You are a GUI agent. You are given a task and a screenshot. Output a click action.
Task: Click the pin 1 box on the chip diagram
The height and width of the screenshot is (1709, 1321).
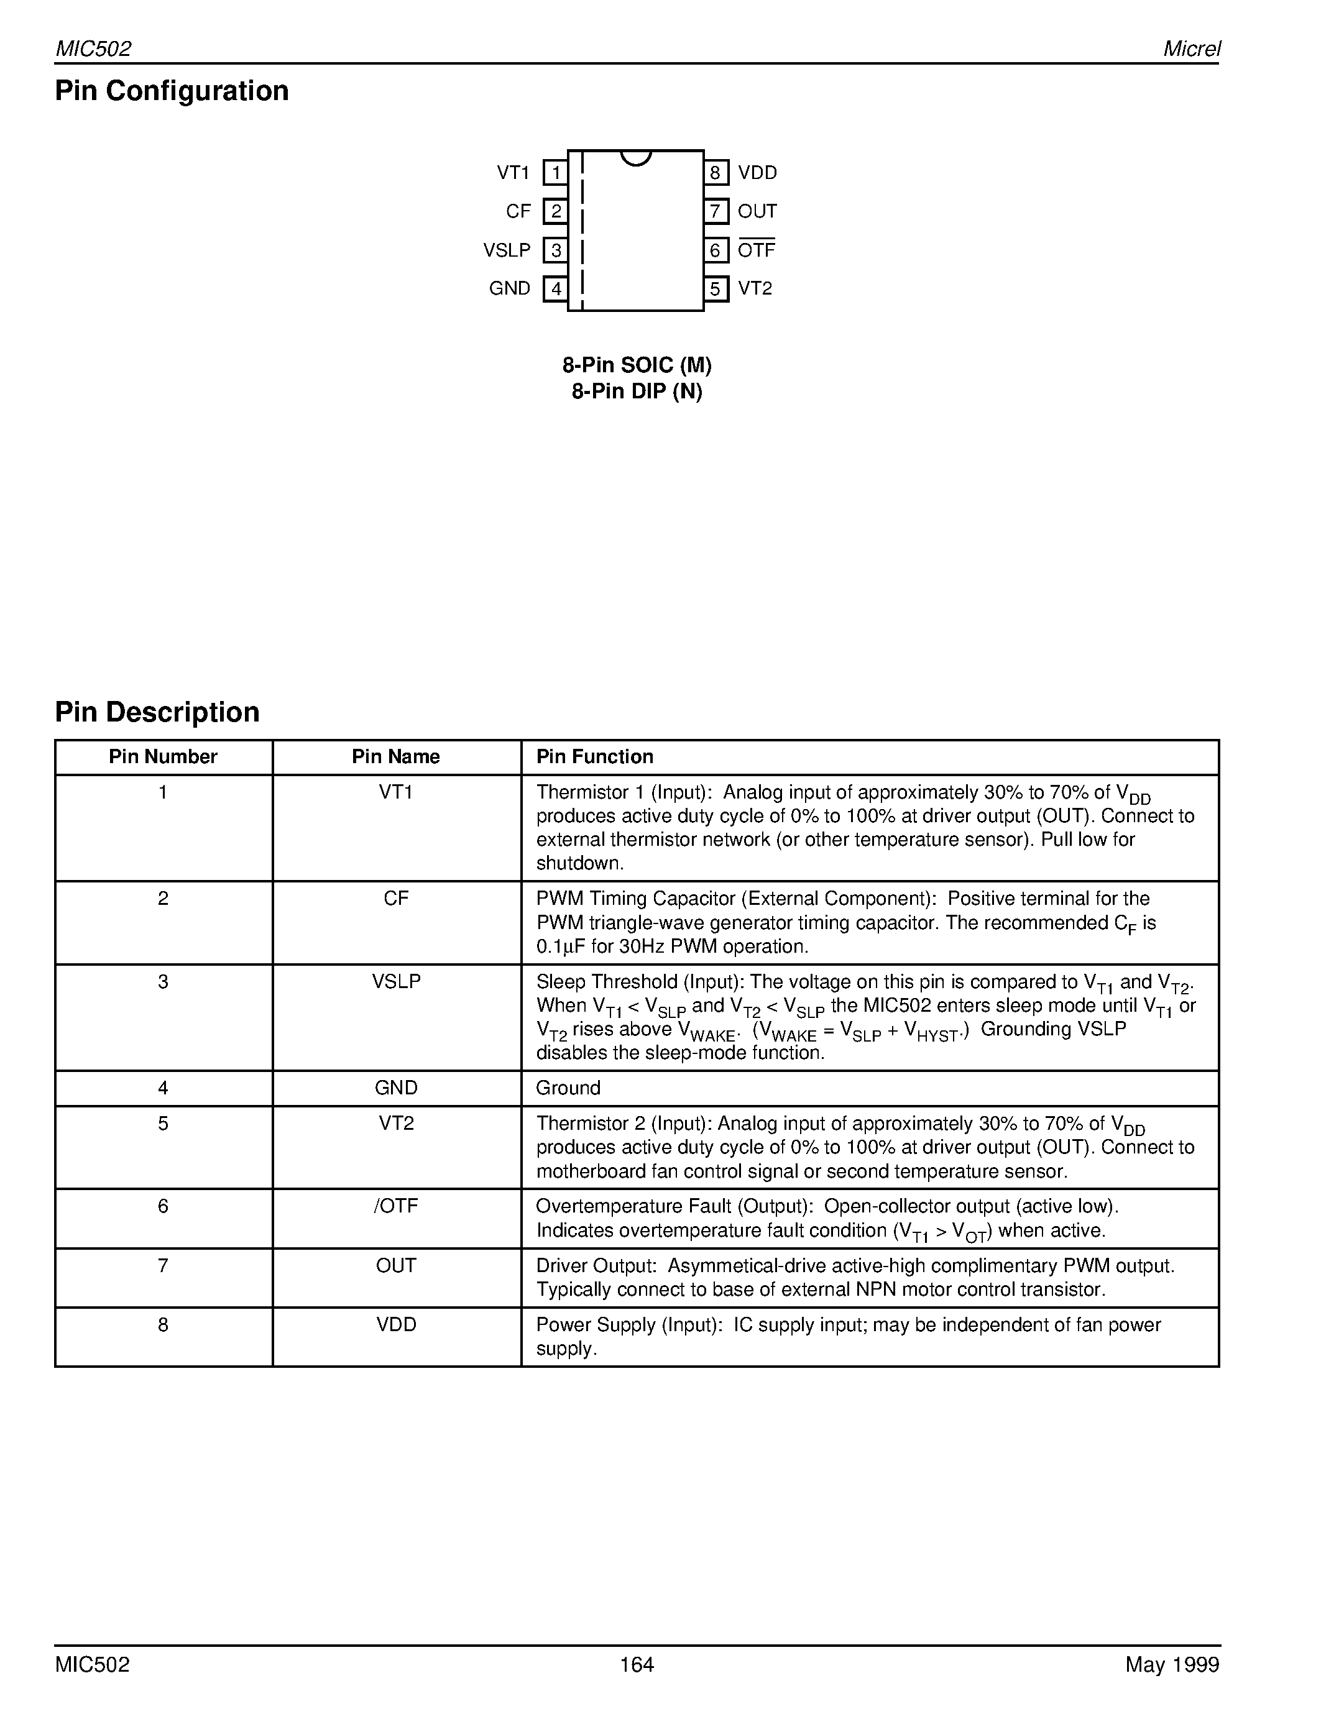coord(555,172)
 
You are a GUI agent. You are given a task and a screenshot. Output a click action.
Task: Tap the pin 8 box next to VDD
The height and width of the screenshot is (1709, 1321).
coord(716,172)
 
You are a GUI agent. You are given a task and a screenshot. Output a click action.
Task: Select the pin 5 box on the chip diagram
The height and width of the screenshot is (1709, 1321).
coord(716,289)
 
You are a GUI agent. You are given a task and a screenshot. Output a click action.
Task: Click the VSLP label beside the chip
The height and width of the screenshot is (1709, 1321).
coord(506,250)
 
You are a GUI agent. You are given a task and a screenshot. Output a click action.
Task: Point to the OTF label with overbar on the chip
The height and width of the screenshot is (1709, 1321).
coord(756,250)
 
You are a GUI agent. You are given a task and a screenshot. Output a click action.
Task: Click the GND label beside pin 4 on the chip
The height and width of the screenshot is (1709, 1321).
coord(510,289)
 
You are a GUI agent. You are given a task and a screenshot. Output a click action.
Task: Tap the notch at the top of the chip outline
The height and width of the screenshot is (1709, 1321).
coord(635,158)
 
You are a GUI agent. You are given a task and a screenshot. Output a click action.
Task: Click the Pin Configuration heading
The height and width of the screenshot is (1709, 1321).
coord(172,91)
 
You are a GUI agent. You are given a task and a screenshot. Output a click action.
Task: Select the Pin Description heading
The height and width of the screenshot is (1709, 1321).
coord(157,712)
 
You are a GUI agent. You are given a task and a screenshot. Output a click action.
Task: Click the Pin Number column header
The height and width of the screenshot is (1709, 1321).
coord(163,757)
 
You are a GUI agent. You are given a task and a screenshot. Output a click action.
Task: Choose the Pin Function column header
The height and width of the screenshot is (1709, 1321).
coord(594,757)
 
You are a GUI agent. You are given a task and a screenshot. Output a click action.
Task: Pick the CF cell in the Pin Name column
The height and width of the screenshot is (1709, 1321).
coord(396,899)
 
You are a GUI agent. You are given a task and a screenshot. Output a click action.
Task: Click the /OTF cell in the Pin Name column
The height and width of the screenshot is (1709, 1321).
coord(396,1206)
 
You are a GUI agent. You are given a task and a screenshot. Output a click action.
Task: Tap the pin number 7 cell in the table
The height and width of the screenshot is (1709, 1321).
coord(163,1265)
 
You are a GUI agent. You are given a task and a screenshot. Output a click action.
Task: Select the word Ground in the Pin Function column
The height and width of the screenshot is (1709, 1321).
coord(568,1088)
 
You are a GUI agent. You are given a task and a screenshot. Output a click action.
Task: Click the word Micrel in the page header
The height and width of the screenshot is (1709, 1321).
coord(1191,48)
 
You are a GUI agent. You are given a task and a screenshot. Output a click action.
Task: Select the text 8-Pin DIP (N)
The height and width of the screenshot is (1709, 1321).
coord(636,392)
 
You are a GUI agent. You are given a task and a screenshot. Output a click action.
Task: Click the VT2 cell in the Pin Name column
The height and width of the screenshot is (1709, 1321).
coord(396,1123)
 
